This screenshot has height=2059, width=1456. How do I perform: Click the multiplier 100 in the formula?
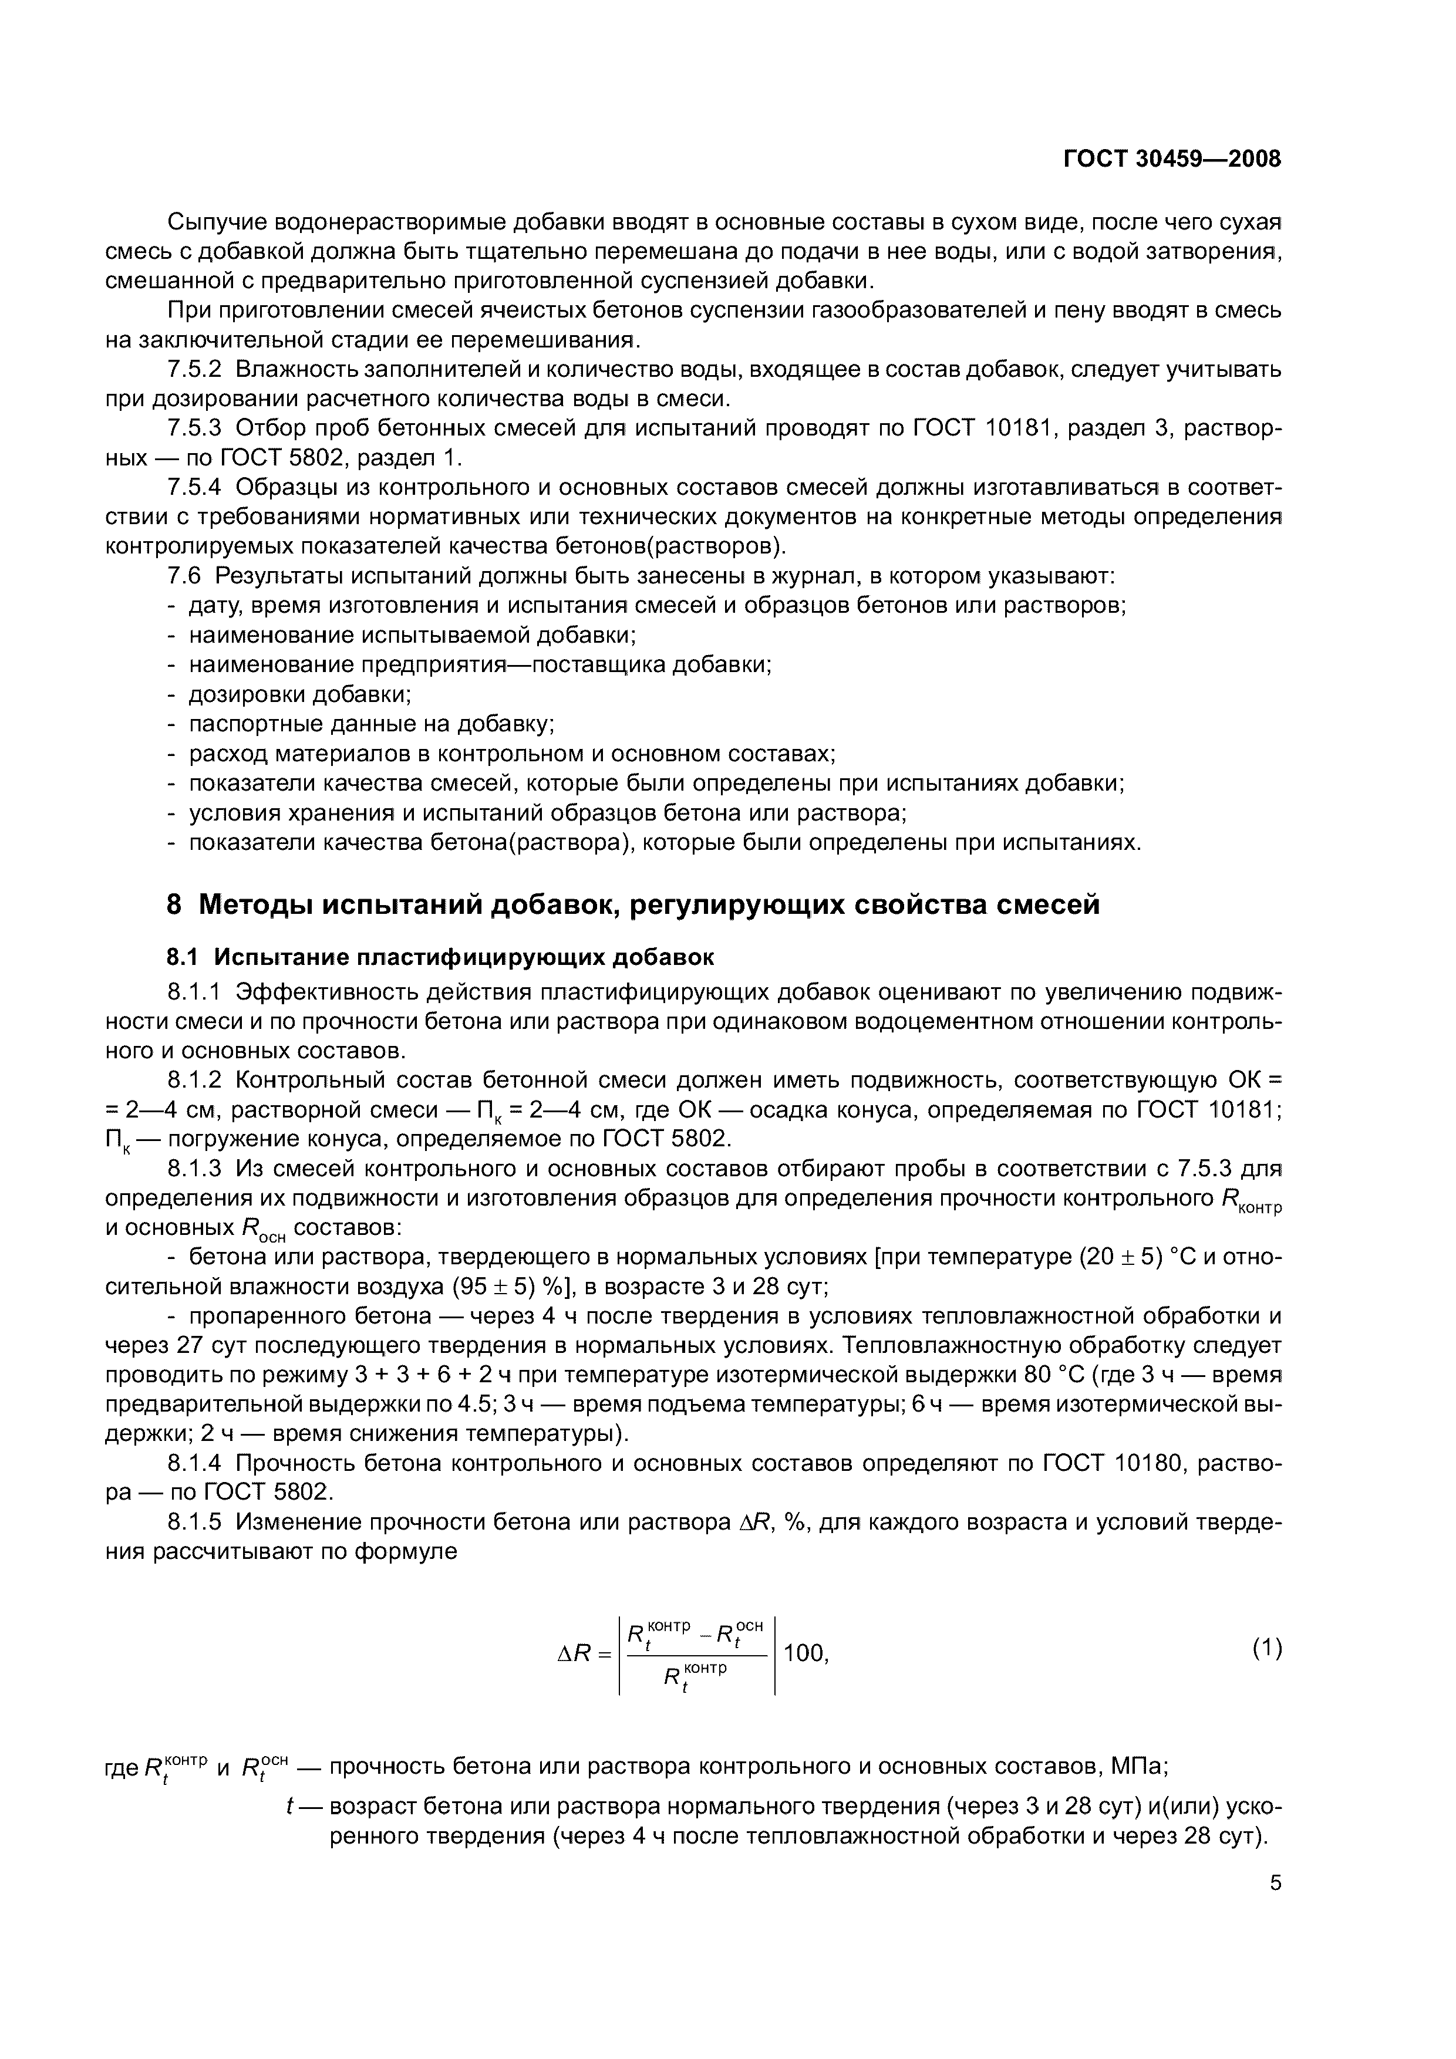[x=805, y=1653]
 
